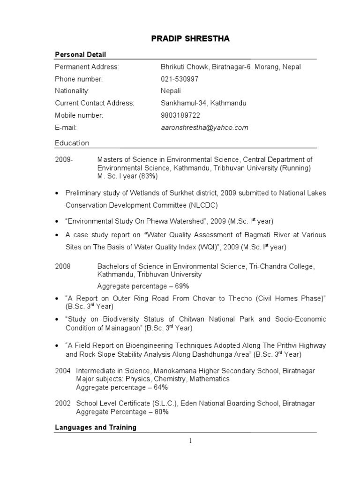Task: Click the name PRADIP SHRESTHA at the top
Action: point(190,38)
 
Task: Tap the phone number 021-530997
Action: point(180,79)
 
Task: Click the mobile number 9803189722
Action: point(180,115)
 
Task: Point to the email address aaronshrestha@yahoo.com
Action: point(204,127)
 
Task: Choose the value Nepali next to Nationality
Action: point(171,91)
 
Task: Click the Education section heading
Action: point(72,143)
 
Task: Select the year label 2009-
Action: point(64,160)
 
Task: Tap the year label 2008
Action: point(63,266)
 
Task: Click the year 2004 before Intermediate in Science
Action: point(63,371)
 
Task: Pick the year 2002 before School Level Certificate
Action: point(63,403)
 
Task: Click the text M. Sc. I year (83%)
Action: point(127,176)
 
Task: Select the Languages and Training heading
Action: point(96,427)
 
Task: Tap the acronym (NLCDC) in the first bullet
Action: point(203,205)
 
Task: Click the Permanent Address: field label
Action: point(87,67)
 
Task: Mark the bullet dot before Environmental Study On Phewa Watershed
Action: point(57,221)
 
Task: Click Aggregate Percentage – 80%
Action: point(122,412)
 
